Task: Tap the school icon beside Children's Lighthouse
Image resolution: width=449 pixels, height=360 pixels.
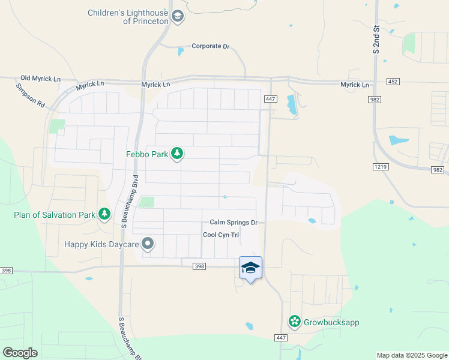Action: [177, 16]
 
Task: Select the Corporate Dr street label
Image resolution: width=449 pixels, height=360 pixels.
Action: [211, 46]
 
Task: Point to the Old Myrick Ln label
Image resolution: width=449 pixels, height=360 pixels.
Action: [41, 79]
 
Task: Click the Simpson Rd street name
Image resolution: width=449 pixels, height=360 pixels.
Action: [31, 95]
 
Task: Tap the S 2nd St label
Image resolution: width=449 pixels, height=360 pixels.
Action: [376, 40]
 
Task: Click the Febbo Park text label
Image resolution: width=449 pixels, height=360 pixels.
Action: [147, 154]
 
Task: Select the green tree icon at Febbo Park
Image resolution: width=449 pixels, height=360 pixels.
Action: [177, 154]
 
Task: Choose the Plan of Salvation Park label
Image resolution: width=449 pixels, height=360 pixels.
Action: [55, 214]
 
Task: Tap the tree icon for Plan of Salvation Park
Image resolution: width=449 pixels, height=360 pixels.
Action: [104, 214]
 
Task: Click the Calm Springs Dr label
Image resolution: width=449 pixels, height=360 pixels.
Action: [234, 223]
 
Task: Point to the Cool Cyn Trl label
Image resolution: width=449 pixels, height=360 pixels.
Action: [221, 235]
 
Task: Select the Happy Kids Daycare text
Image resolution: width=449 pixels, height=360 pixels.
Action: [101, 245]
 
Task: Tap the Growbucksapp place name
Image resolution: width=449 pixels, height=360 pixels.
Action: [331, 322]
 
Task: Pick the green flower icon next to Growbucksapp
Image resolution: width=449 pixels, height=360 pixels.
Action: [295, 322]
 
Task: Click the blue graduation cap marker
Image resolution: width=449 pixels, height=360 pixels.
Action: [250, 268]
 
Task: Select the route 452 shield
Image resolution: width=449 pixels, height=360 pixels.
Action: [393, 81]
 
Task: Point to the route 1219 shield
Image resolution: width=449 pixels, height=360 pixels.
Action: [380, 166]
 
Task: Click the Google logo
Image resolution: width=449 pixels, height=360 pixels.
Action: [20, 352]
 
